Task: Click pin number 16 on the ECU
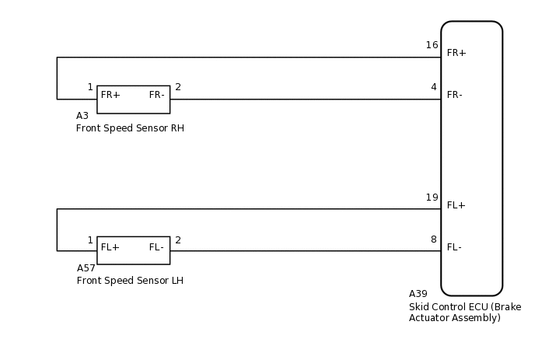coord(432,45)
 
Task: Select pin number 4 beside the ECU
coord(434,87)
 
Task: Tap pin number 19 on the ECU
coord(432,197)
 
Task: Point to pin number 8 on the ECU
coord(434,239)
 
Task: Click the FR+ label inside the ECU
coord(456,53)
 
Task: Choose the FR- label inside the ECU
coord(454,95)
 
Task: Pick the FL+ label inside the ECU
coord(456,205)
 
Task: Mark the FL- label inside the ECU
coord(454,247)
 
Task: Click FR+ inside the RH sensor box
coord(110,95)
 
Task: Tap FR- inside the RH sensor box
coord(156,95)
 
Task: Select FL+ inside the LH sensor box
coord(110,247)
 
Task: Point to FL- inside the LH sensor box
coord(156,247)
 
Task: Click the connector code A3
coord(82,116)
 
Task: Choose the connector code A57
coord(86,268)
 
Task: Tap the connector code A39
coord(418,294)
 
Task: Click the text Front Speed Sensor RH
coord(130,128)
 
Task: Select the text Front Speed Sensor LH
coord(130,281)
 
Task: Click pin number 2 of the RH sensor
coord(178,87)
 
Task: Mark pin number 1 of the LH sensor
coord(90,240)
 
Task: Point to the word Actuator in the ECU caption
coord(428,318)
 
